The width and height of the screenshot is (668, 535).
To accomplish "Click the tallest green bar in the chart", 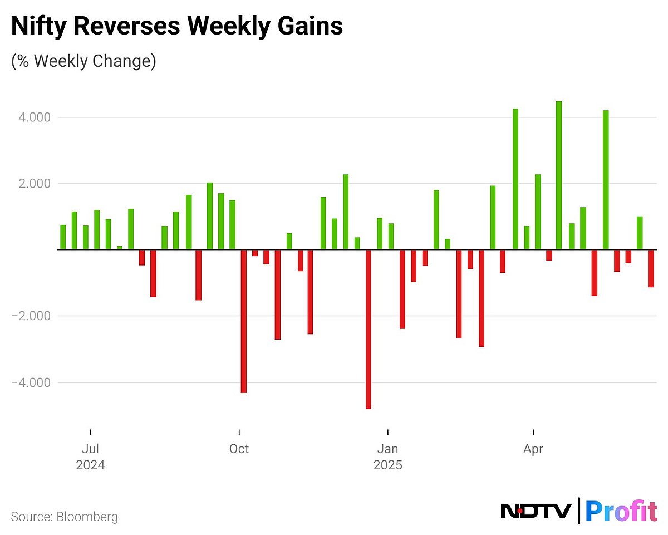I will pyautogui.click(x=559, y=175).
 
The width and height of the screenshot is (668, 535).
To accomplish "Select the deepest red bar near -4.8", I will pyautogui.click(x=369, y=329).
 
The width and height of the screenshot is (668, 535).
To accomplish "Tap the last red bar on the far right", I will pyautogui.click(x=651, y=268).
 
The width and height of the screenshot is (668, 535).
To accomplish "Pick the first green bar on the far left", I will pyautogui.click(x=63, y=237).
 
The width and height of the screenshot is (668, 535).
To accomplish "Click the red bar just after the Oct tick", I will pyautogui.click(x=243, y=321).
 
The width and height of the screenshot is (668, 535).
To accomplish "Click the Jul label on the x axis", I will pyautogui.click(x=90, y=449).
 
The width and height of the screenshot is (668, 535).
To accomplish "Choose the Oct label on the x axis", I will pyautogui.click(x=239, y=449).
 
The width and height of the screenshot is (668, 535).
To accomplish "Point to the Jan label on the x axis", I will pyautogui.click(x=387, y=449).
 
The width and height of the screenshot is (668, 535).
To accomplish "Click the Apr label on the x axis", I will pyautogui.click(x=533, y=449).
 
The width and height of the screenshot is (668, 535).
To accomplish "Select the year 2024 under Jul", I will pyautogui.click(x=90, y=465).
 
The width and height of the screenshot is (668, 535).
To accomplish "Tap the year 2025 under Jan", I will pyautogui.click(x=387, y=465).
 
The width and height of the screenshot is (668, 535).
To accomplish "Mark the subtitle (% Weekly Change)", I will pyautogui.click(x=83, y=61).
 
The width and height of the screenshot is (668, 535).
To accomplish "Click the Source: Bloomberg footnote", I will pyautogui.click(x=65, y=517).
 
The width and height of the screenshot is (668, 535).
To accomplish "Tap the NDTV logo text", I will pyautogui.click(x=536, y=511).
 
